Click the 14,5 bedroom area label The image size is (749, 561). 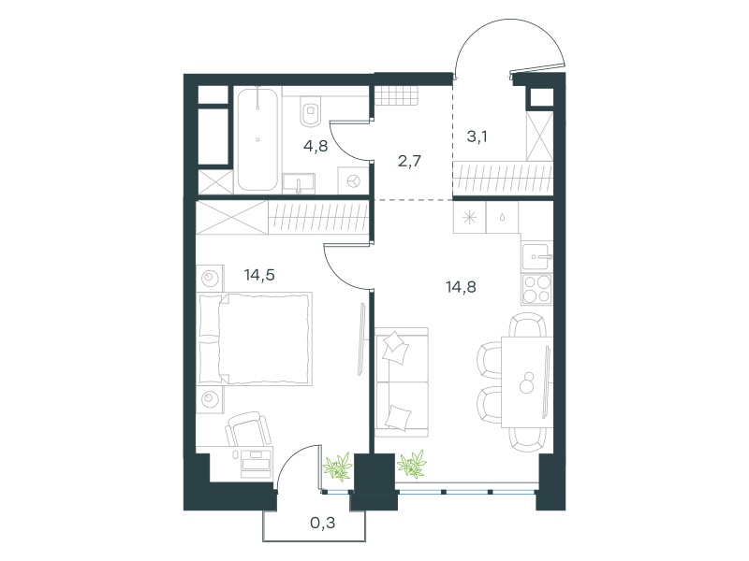coord(259,275)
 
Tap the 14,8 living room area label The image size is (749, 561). coord(461,287)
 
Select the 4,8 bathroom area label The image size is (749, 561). coord(316,146)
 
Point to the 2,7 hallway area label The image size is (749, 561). coord(409,161)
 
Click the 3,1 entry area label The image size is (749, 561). coord(477,137)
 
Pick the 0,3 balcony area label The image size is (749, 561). coord(322,524)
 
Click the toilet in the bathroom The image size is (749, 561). coord(311,112)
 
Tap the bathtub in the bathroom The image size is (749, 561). coord(257,139)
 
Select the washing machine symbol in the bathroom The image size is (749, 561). coord(354,181)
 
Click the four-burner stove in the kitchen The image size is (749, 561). coord(536,289)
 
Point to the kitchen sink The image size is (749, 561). coord(536,256)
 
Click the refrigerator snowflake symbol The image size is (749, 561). coord(470,218)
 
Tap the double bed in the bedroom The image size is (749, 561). coord(255,338)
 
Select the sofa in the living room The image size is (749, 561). coord(402,381)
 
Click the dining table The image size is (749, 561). coord(527,381)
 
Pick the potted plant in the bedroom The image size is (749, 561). coord(338,466)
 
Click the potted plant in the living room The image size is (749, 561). coord(412,464)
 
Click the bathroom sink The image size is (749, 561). coord(299,183)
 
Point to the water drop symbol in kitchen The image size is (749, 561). coord(502,218)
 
